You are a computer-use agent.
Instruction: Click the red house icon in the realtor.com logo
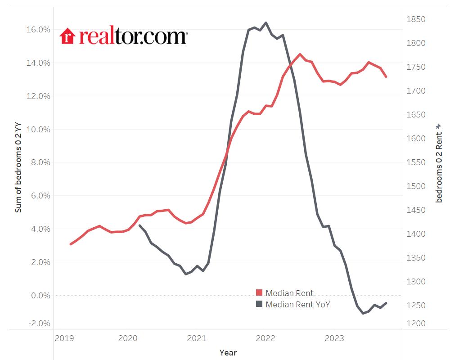67,36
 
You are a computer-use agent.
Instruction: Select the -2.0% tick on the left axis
40,324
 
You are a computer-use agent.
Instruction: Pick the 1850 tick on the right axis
416,19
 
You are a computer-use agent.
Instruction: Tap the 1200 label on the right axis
416,324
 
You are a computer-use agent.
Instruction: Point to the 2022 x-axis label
265,338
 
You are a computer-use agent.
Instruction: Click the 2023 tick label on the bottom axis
334,338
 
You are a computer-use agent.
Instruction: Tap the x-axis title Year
228,352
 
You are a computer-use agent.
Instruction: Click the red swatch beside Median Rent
259,293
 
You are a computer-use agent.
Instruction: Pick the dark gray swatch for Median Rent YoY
259,304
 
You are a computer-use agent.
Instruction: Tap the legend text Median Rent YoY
298,304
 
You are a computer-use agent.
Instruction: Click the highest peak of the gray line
266,22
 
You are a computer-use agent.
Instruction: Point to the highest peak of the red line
300,54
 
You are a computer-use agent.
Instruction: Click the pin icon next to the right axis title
439,127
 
